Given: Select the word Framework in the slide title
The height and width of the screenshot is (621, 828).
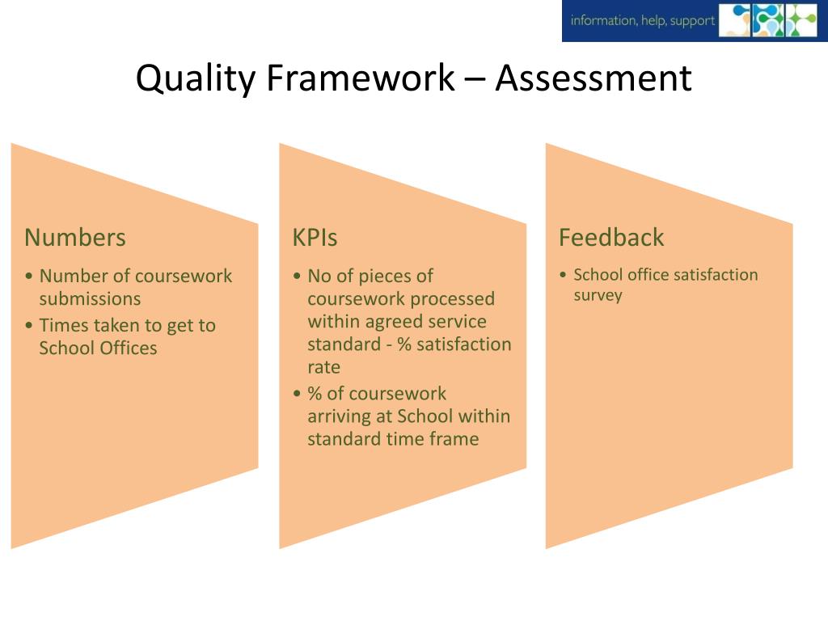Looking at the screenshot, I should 360,79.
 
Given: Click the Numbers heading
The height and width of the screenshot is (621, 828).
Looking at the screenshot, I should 75,238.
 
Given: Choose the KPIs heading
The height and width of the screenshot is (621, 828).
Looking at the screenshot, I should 315,238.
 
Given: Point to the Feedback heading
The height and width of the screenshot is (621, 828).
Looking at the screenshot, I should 611,238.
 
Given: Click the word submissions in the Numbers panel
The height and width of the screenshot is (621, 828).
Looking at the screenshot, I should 90,299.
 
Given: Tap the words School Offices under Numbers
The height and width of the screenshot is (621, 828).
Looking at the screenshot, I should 98,349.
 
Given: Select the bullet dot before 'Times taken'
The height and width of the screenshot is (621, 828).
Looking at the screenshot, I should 29,326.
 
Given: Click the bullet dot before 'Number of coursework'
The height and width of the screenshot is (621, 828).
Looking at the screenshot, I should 29,277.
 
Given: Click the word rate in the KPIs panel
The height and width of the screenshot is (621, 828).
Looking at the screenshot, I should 324,367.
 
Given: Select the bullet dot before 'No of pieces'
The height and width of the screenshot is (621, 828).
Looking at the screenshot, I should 298,277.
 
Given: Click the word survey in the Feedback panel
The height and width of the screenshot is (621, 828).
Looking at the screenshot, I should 598,295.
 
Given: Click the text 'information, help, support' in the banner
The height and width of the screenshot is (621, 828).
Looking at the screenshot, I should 643,21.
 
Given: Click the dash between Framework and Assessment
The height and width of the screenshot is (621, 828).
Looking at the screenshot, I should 475,79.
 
